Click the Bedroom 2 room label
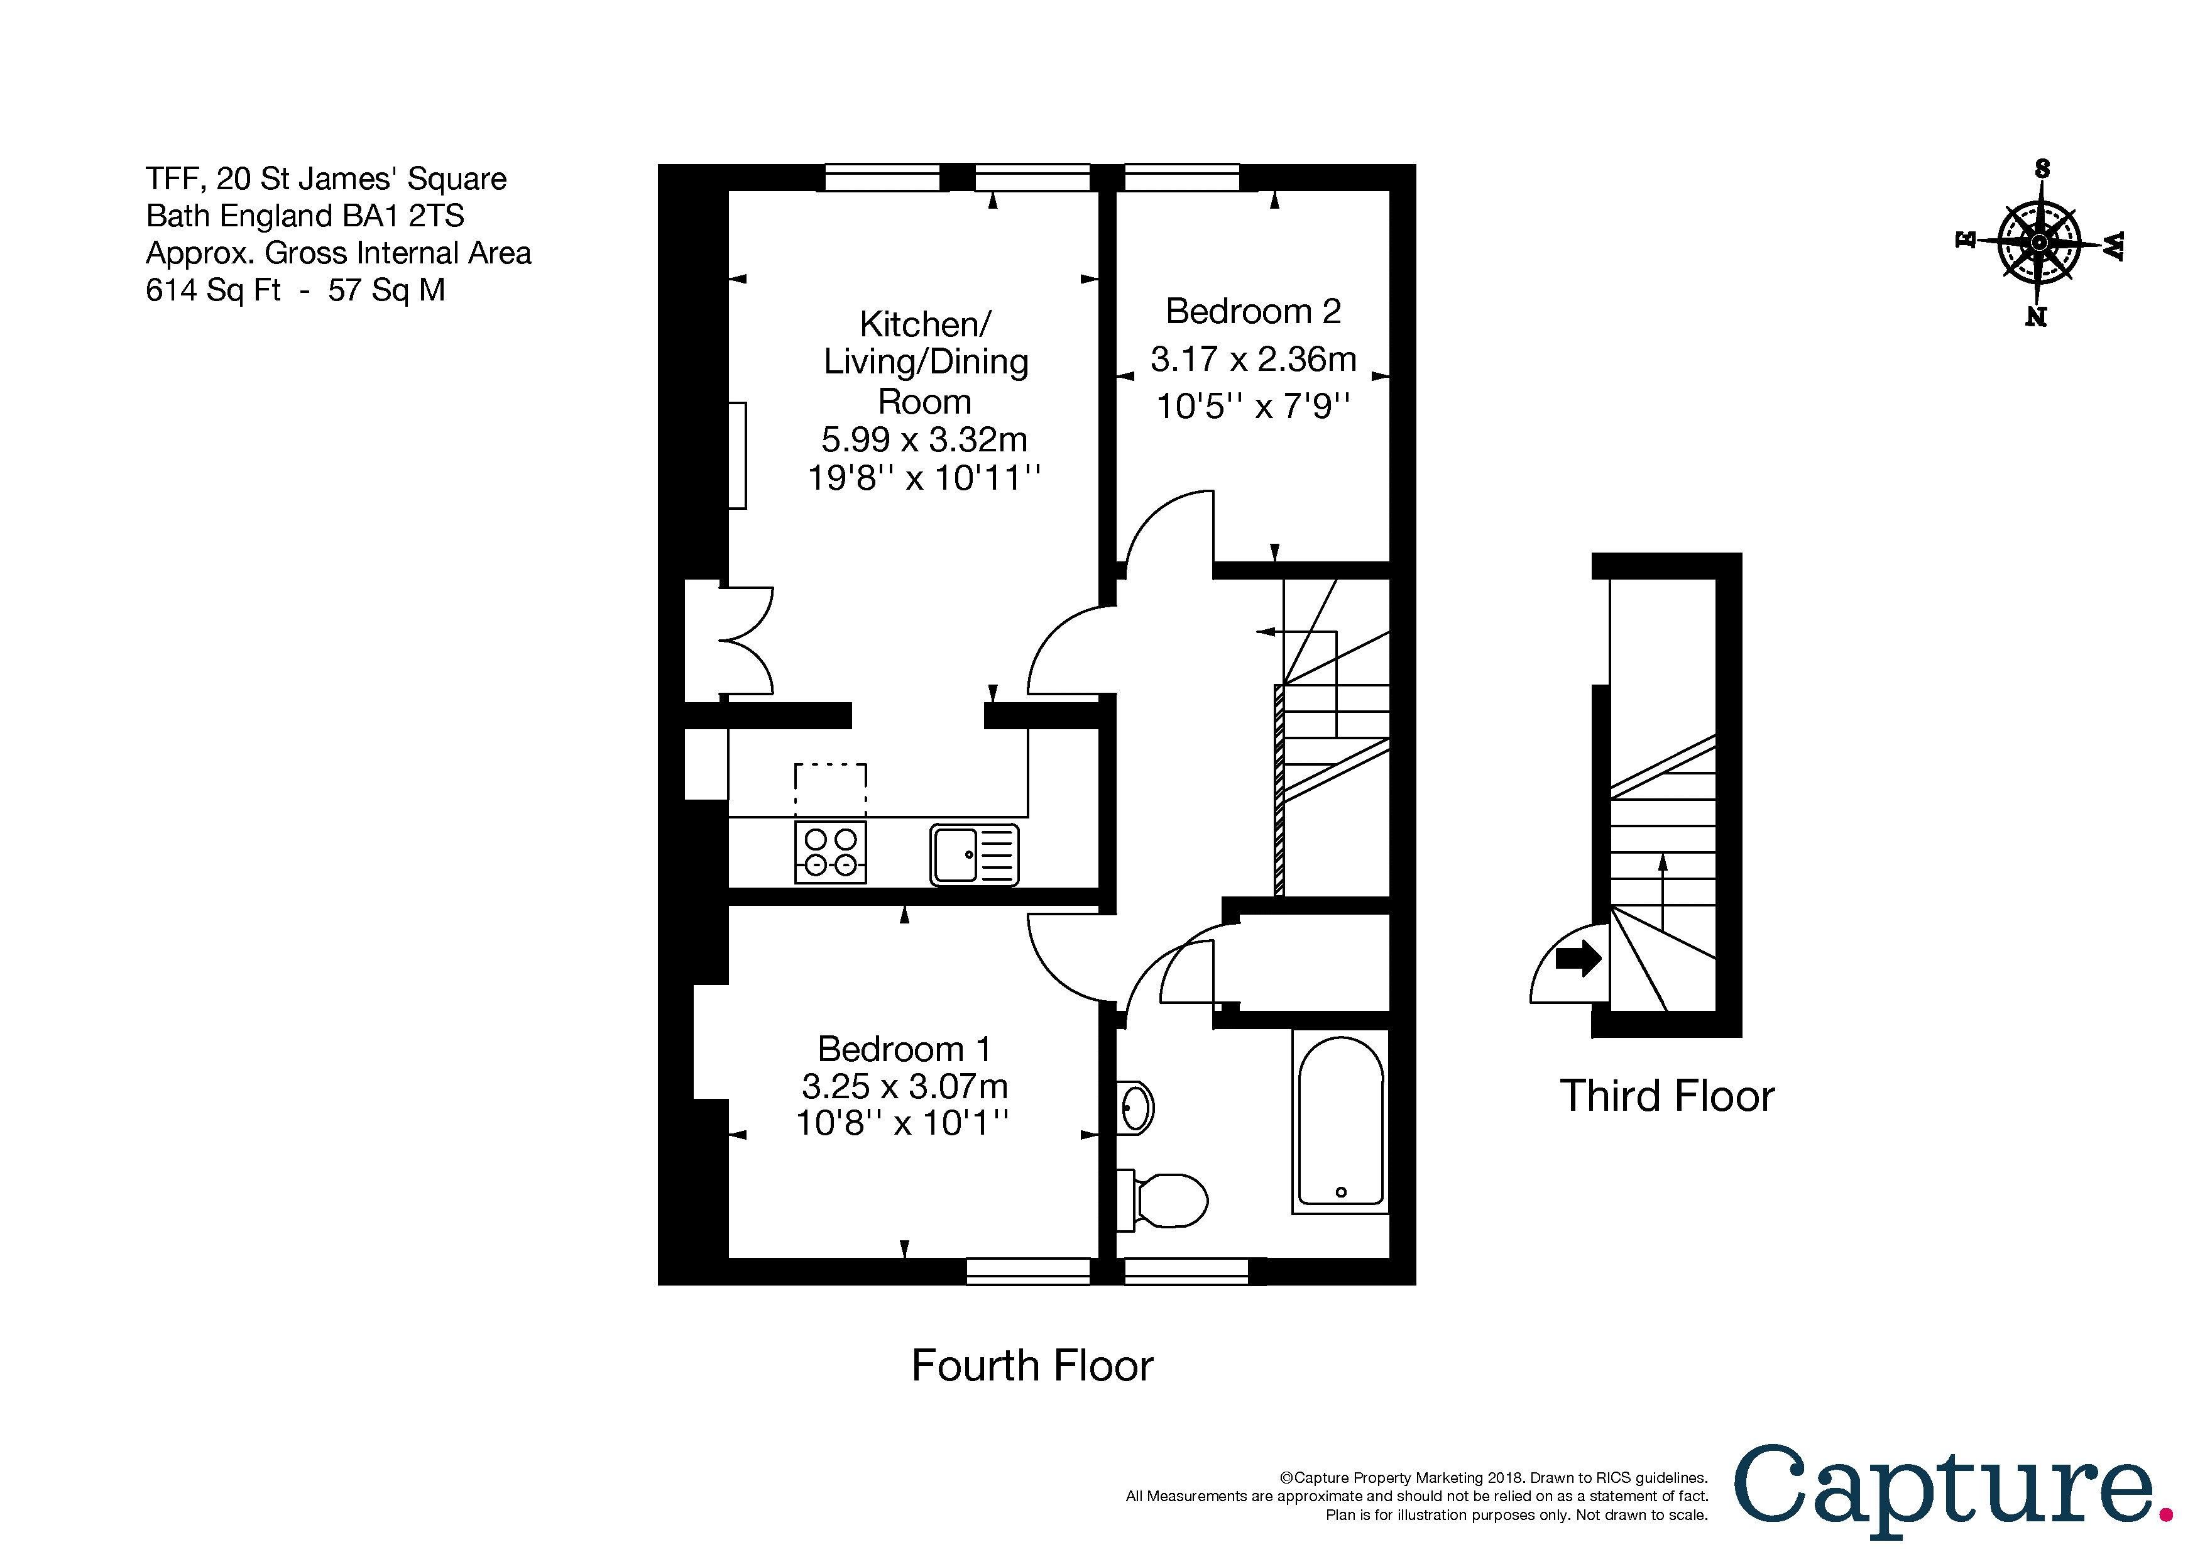(1252, 311)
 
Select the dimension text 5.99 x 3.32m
(924, 439)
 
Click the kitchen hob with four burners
(829, 852)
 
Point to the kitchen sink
(974, 854)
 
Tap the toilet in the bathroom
(1164, 1201)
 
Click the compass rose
(2038, 244)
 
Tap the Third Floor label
(1666, 1096)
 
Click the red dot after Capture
(2165, 1515)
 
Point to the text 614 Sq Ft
(212, 290)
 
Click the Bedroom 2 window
(1182, 178)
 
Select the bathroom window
(1186, 1271)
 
